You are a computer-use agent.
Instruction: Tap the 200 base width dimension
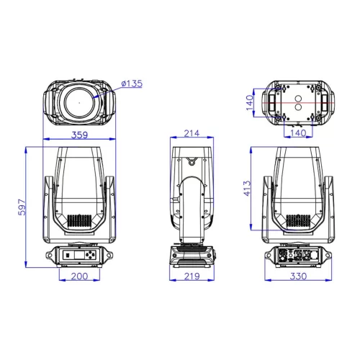pyautogui.click(x=79, y=276)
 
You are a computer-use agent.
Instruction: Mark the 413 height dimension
pyautogui.click(x=247, y=189)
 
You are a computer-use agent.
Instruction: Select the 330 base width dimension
pyautogui.click(x=297, y=276)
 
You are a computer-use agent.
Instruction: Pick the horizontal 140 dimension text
pyautogui.click(x=297, y=132)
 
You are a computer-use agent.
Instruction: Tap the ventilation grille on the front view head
pyautogui.click(x=79, y=222)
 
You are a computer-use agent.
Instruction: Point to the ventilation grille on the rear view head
pyautogui.click(x=297, y=222)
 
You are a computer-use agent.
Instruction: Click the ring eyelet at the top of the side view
pyautogui.click(x=192, y=158)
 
